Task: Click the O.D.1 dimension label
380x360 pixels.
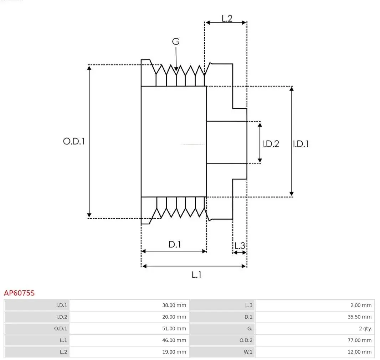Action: point(74,141)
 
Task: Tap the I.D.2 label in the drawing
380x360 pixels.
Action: point(271,144)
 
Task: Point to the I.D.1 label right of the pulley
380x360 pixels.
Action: point(301,144)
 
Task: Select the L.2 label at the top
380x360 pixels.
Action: point(227,19)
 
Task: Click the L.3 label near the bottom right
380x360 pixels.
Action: point(240,245)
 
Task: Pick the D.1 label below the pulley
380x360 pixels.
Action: point(175,245)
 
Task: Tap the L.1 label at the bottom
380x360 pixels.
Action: point(197,275)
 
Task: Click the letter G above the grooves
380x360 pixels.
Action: point(176,42)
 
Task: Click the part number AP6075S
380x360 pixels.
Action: point(19,293)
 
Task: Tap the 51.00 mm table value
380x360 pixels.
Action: point(174,328)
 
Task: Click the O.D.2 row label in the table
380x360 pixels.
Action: point(246,340)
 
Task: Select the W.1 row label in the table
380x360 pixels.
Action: point(248,352)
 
